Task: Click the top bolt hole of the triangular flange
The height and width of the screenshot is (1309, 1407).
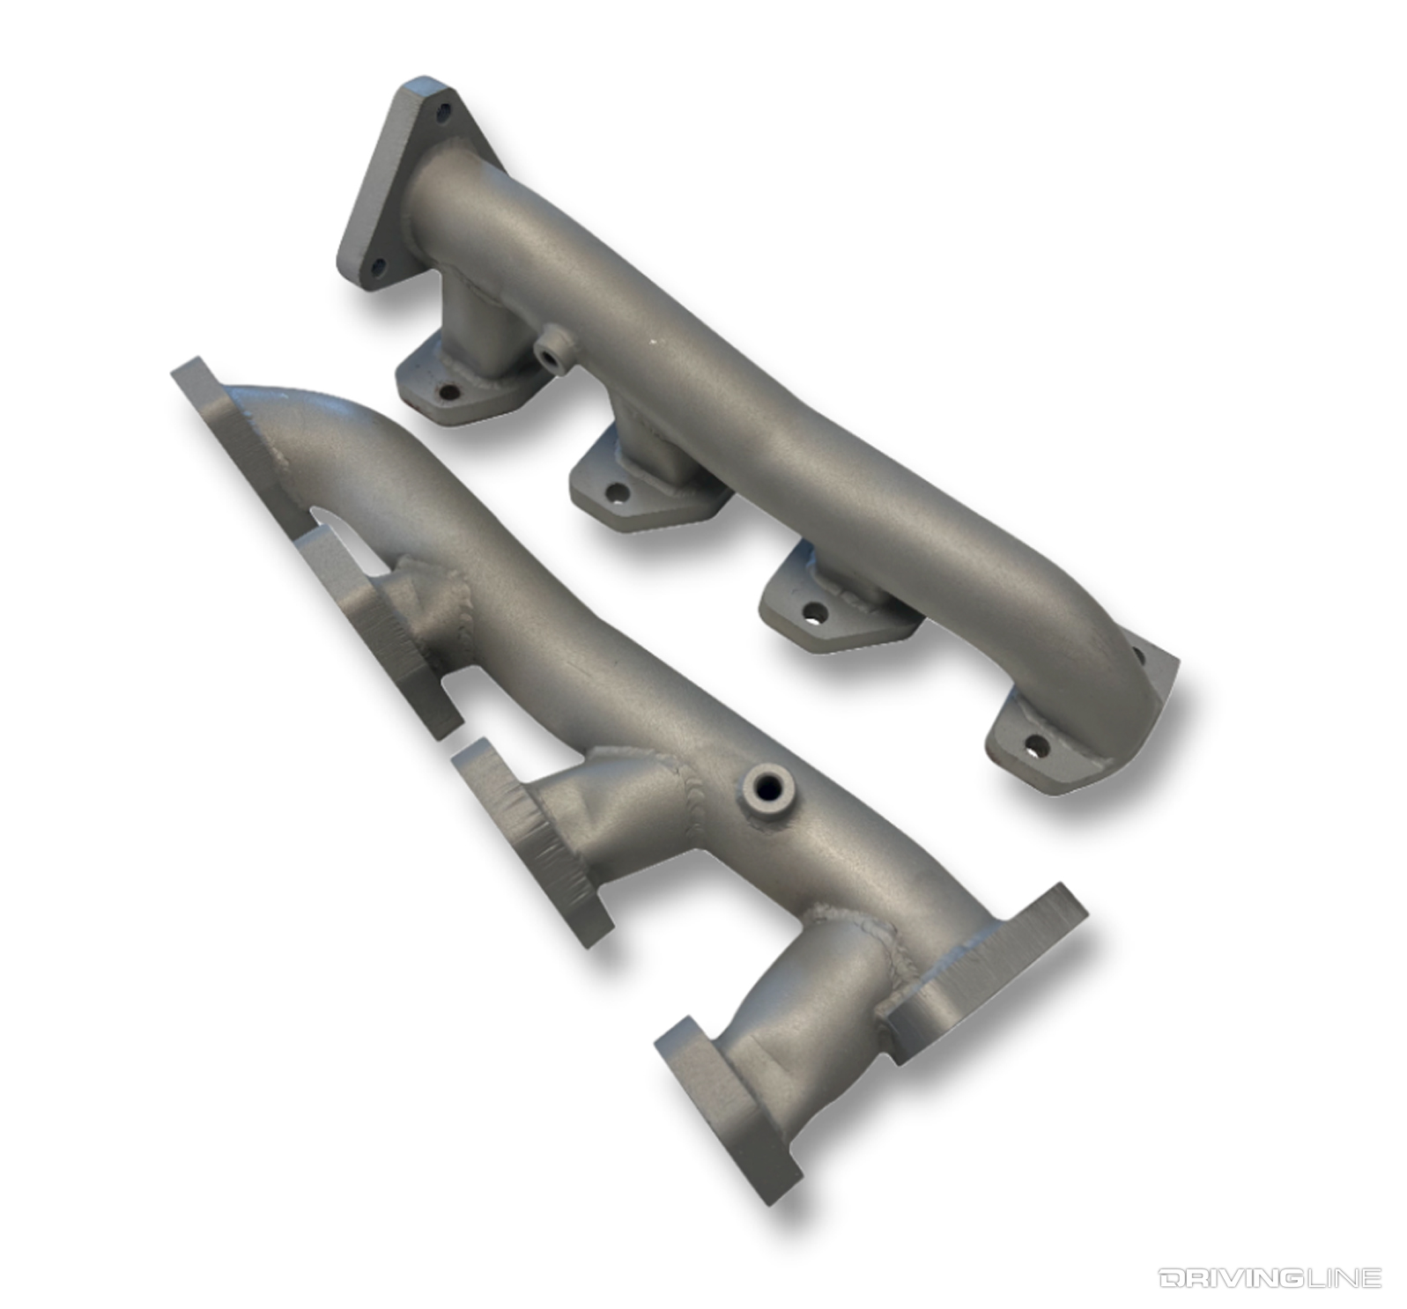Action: [443, 110]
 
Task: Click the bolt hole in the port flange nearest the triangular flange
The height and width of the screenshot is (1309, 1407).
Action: [448, 394]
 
